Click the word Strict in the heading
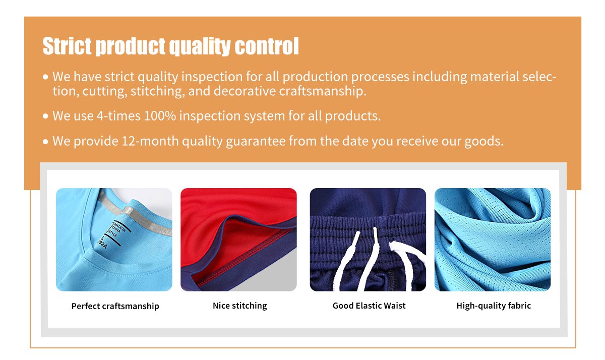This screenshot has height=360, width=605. coord(67,46)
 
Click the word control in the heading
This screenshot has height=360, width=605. coord(267,46)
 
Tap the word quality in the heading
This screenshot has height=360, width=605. coord(200,47)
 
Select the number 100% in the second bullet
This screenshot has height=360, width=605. coord(160,116)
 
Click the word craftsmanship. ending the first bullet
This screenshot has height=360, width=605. coord(323,91)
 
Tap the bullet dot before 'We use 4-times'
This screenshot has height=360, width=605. coord(45,116)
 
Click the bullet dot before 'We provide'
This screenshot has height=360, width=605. coord(45,142)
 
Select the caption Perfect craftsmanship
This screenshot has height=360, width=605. coord(115,306)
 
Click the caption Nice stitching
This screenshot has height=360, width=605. coord(240,306)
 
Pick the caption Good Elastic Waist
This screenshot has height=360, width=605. coord(369,306)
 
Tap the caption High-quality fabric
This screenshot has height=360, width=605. coord(494,306)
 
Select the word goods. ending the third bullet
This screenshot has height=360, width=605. coord(484,142)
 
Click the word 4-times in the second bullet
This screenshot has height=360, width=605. coord(118,116)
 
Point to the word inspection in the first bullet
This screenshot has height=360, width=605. coord(212,77)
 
